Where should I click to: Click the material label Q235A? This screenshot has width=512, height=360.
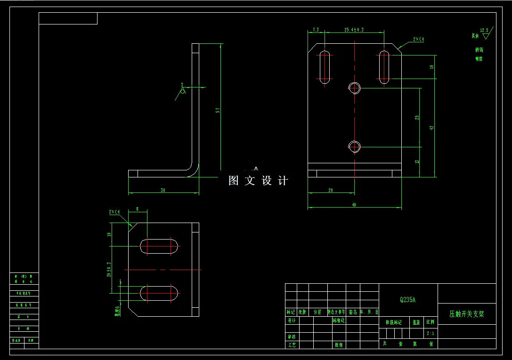[408, 299]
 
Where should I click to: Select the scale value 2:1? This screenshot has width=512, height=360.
[430, 333]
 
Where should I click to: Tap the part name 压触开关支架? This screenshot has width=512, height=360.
[466, 314]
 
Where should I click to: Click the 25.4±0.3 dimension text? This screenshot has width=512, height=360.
[354, 30]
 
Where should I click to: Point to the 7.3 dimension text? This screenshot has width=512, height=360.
[315, 30]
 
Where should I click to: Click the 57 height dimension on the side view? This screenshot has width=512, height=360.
[218, 110]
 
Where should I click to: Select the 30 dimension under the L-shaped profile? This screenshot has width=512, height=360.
[163, 191]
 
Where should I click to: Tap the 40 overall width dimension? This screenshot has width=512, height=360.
[354, 205]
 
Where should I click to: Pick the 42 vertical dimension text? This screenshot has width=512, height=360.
[431, 127]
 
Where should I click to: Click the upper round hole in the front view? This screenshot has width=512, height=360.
[354, 87]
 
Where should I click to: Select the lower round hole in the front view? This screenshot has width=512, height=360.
[354, 147]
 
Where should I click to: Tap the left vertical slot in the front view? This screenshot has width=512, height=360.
[325, 67]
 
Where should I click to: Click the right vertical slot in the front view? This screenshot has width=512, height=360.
[384, 67]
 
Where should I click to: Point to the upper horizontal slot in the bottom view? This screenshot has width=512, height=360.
[159, 246]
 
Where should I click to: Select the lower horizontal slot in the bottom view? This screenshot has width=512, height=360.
[159, 293]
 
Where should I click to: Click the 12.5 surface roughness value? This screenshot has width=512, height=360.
[484, 30]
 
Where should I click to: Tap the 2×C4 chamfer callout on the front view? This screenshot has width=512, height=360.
[418, 40]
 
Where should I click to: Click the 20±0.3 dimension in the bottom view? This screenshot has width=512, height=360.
[109, 270]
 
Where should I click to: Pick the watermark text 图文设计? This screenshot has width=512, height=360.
[258, 181]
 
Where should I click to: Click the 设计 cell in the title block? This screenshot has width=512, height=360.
[292, 320]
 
